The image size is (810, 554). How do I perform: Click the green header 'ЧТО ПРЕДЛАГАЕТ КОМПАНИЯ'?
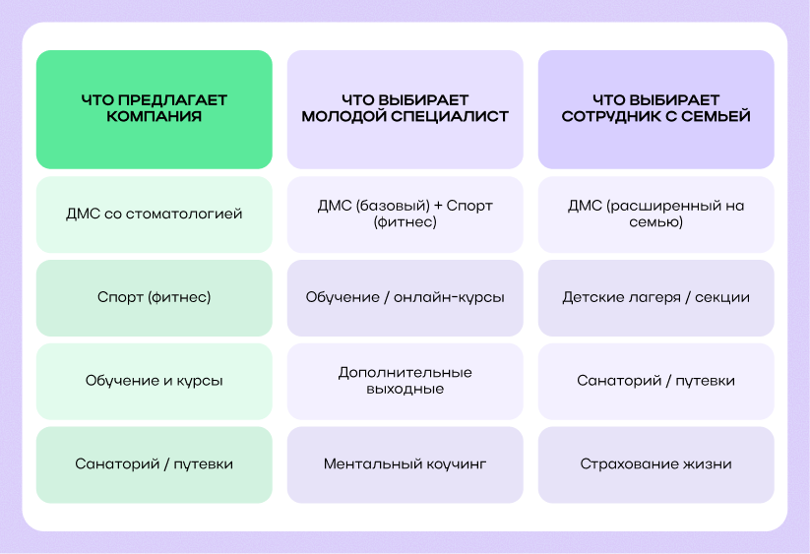(x=154, y=108)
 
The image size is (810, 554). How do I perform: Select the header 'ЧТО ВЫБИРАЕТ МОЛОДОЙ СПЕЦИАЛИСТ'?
(x=405, y=108)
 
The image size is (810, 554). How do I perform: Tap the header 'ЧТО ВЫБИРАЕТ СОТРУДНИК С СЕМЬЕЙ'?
(x=655, y=108)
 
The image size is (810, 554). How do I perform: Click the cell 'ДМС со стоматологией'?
(x=154, y=214)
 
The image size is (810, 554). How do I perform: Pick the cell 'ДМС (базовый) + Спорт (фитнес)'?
(x=405, y=214)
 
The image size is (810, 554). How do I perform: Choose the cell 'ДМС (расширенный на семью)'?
(x=655, y=214)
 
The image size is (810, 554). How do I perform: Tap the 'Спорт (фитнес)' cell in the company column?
(x=154, y=297)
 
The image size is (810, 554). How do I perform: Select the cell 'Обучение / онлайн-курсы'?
(x=405, y=297)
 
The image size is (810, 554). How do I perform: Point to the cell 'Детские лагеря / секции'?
(x=655, y=297)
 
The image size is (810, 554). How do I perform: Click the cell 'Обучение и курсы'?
(x=154, y=381)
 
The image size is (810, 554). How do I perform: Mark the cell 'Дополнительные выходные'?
(x=405, y=381)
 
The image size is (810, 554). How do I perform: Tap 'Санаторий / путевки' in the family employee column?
(x=655, y=381)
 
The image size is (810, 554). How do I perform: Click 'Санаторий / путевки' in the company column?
(x=154, y=464)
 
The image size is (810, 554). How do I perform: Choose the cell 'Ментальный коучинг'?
(x=405, y=464)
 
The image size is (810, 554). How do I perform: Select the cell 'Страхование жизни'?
(x=655, y=464)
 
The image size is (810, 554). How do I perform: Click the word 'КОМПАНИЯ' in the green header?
(x=155, y=117)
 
